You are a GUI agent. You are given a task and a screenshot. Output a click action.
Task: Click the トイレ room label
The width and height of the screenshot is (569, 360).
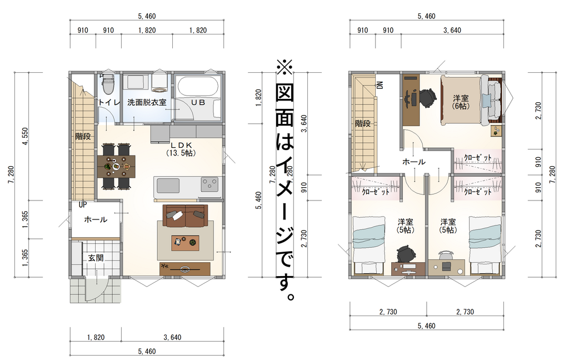tap(109, 102)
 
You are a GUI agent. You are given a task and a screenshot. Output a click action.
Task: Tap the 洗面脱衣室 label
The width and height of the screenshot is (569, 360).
tap(147, 102)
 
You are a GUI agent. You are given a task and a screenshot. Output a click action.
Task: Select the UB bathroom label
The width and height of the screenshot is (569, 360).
tap(198, 102)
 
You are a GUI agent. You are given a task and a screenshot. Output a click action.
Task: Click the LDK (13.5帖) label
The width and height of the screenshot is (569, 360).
tap(181, 149)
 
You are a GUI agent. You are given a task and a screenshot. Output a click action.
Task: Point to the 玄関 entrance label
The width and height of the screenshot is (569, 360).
tap(96, 258)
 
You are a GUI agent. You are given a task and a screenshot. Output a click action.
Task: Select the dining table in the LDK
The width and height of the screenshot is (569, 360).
tap(116, 167)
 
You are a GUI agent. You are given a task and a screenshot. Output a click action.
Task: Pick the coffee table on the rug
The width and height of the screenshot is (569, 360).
tap(186, 242)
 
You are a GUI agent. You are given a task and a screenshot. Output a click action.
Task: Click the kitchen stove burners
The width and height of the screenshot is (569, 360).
tap(209, 184)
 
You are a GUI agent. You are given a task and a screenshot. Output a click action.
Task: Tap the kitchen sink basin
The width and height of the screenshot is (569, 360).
tap(167, 186)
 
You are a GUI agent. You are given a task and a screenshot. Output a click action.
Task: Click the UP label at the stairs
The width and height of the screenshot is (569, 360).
tap(83, 204)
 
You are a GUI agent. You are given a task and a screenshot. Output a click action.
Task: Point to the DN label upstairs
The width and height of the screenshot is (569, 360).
tap(380, 85)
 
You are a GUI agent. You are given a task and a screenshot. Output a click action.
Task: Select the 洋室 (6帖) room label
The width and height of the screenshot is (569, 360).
tap(461, 102)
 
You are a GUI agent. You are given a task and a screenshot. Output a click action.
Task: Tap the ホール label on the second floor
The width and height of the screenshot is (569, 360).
tap(413, 162)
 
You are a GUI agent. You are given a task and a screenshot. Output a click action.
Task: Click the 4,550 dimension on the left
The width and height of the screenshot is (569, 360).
tap(26, 136)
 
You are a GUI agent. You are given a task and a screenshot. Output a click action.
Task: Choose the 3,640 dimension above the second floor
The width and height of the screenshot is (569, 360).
tap(452, 30)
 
